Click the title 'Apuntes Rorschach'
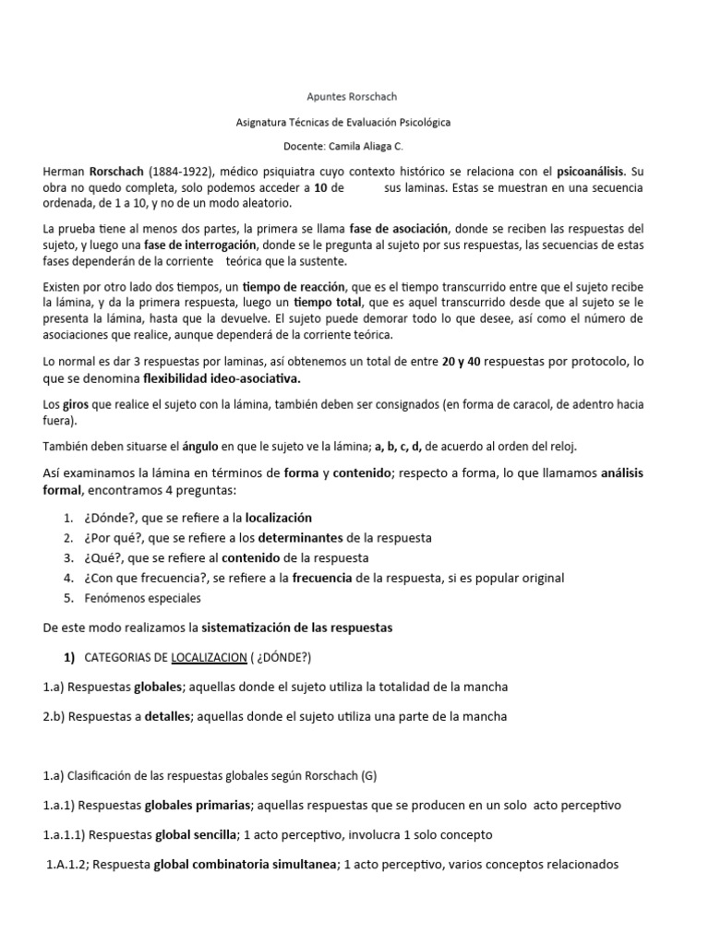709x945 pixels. coord(354,95)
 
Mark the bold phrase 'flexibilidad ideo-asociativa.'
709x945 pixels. coord(222,378)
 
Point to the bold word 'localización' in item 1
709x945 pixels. coord(278,519)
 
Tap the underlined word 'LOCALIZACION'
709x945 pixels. coord(203,657)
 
